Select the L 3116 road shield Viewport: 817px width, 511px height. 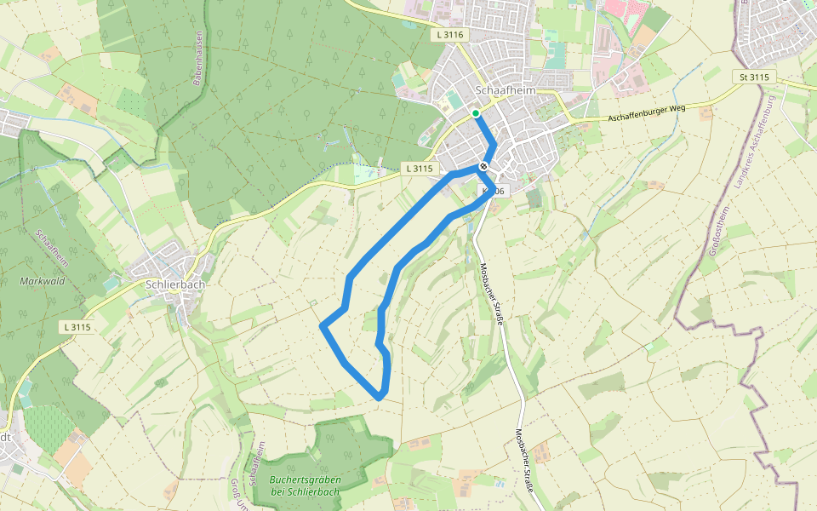click(x=448, y=35)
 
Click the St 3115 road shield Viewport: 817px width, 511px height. click(x=753, y=78)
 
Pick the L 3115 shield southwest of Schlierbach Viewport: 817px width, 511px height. click(x=77, y=327)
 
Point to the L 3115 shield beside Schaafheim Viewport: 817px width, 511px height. click(x=420, y=169)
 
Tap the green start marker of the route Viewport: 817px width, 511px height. click(x=475, y=112)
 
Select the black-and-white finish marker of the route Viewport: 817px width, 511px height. click(x=483, y=166)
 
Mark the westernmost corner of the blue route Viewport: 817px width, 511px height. click(x=322, y=325)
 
